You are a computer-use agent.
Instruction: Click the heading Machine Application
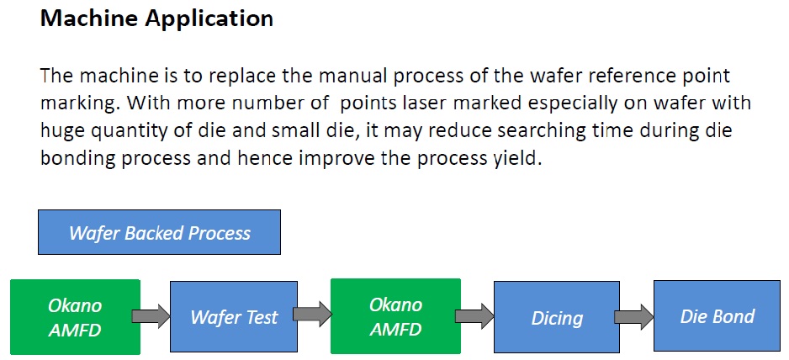pyautogui.click(x=156, y=19)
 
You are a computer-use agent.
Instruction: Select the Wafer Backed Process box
pyautogui.click(x=159, y=232)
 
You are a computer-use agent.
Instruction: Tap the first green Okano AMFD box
pyautogui.click(x=75, y=317)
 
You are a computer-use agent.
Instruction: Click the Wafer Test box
pyautogui.click(x=234, y=317)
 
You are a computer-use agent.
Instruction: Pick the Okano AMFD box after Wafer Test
pyautogui.click(x=395, y=316)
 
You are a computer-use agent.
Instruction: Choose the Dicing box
pyautogui.click(x=557, y=317)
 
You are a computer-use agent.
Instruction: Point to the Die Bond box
pyautogui.click(x=717, y=315)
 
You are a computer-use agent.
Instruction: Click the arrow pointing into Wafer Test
pyautogui.click(x=151, y=316)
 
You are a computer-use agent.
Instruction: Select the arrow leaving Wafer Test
pyautogui.click(x=312, y=315)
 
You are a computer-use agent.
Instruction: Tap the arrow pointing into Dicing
pyautogui.click(x=474, y=316)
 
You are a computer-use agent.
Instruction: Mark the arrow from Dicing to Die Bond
pyautogui.click(x=634, y=317)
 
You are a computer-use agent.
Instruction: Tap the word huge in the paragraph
pyautogui.click(x=63, y=132)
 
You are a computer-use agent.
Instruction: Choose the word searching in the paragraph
pyautogui.click(x=542, y=132)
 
